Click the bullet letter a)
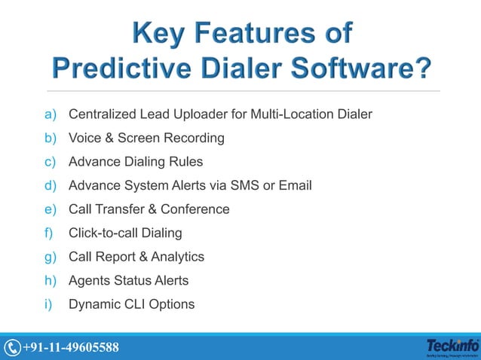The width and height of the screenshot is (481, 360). click(51, 114)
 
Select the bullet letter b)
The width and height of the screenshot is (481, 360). click(51, 138)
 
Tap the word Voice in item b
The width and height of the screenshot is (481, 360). click(85, 138)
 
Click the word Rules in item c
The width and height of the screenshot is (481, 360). click(186, 162)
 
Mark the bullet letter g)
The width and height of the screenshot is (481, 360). click(51, 257)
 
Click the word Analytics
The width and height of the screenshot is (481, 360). click(178, 257)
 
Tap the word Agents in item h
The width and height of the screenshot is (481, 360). click(89, 280)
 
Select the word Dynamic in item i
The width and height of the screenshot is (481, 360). click(93, 304)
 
